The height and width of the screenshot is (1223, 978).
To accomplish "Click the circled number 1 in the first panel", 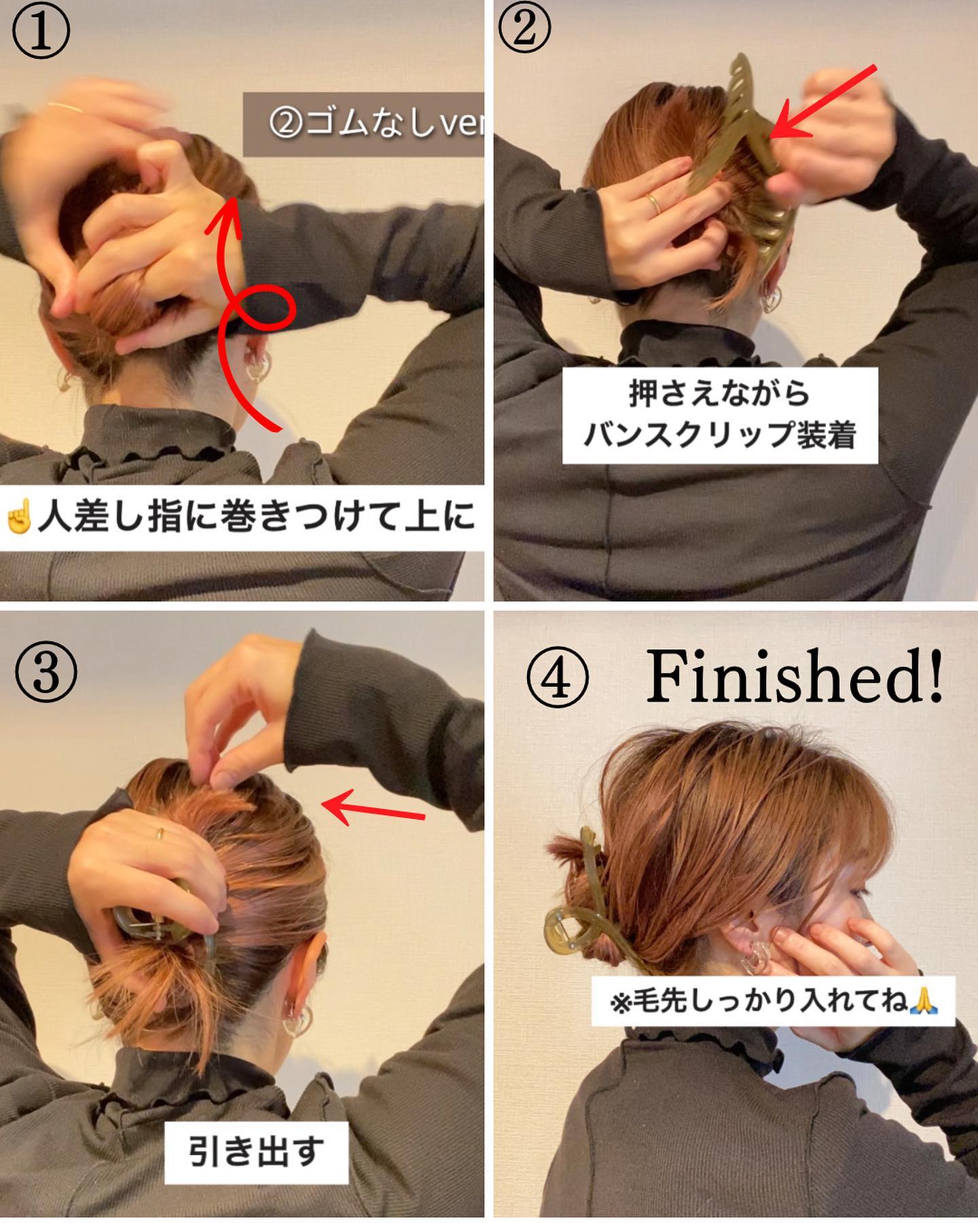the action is (41, 31).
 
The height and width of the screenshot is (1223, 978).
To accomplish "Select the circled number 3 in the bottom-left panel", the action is (45, 672).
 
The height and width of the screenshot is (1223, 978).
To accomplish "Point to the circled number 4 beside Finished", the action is (558, 680).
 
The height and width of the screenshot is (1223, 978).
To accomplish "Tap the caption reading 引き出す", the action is (256, 1153).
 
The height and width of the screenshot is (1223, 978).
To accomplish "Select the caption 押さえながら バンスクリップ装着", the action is (720, 415).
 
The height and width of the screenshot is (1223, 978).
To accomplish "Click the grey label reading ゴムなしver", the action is (364, 124).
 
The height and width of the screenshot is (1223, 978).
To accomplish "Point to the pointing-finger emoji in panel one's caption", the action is (19, 518).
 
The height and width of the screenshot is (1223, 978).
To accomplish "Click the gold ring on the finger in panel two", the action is (651, 202).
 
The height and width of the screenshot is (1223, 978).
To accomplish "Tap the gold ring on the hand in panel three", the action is (161, 834).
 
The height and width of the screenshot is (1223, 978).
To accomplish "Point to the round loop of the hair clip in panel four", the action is (571, 925).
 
